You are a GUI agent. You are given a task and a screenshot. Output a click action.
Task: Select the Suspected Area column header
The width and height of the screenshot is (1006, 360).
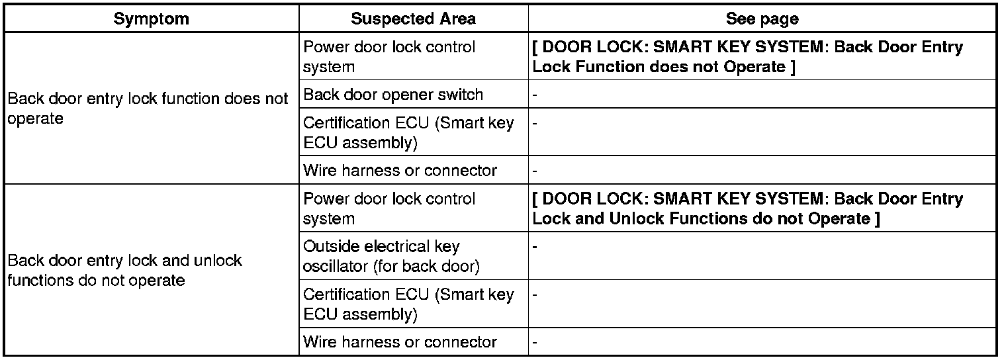tap(413, 19)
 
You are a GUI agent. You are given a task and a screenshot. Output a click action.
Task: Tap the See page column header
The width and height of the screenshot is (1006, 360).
tap(762, 19)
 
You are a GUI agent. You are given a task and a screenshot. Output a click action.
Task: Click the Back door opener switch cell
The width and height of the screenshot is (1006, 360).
tap(393, 95)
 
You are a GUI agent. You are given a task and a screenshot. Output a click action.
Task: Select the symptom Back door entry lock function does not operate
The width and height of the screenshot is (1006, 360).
tap(148, 109)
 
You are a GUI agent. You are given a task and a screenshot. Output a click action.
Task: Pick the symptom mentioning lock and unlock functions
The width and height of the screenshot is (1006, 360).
tap(124, 269)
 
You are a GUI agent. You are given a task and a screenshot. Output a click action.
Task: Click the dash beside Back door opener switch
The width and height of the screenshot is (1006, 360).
tap(535, 95)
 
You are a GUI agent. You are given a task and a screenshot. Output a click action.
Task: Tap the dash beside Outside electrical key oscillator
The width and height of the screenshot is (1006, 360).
tap(535, 247)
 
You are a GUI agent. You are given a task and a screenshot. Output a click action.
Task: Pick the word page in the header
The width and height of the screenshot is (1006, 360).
tap(782, 19)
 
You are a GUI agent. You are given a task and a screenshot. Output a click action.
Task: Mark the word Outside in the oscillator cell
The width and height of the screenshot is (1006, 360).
tap(329, 247)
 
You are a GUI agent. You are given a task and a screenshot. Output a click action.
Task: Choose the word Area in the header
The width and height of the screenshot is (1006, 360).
tap(458, 19)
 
